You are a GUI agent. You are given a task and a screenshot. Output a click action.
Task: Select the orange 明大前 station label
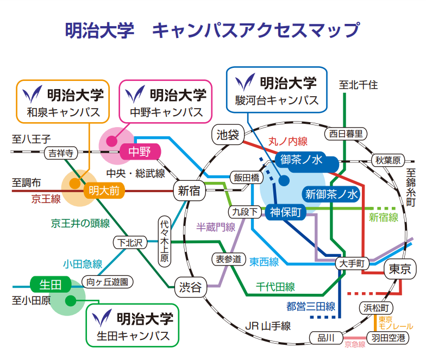tap(104, 191)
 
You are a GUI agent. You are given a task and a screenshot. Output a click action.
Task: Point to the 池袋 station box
tap(228, 134)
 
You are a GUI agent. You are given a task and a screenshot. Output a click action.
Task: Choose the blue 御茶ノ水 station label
tap(302, 160)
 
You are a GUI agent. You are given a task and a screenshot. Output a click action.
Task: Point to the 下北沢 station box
tap(130, 243)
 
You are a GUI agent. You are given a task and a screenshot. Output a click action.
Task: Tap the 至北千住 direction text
tap(358, 85)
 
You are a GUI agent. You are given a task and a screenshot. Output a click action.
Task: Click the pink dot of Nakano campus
tap(110, 141)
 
